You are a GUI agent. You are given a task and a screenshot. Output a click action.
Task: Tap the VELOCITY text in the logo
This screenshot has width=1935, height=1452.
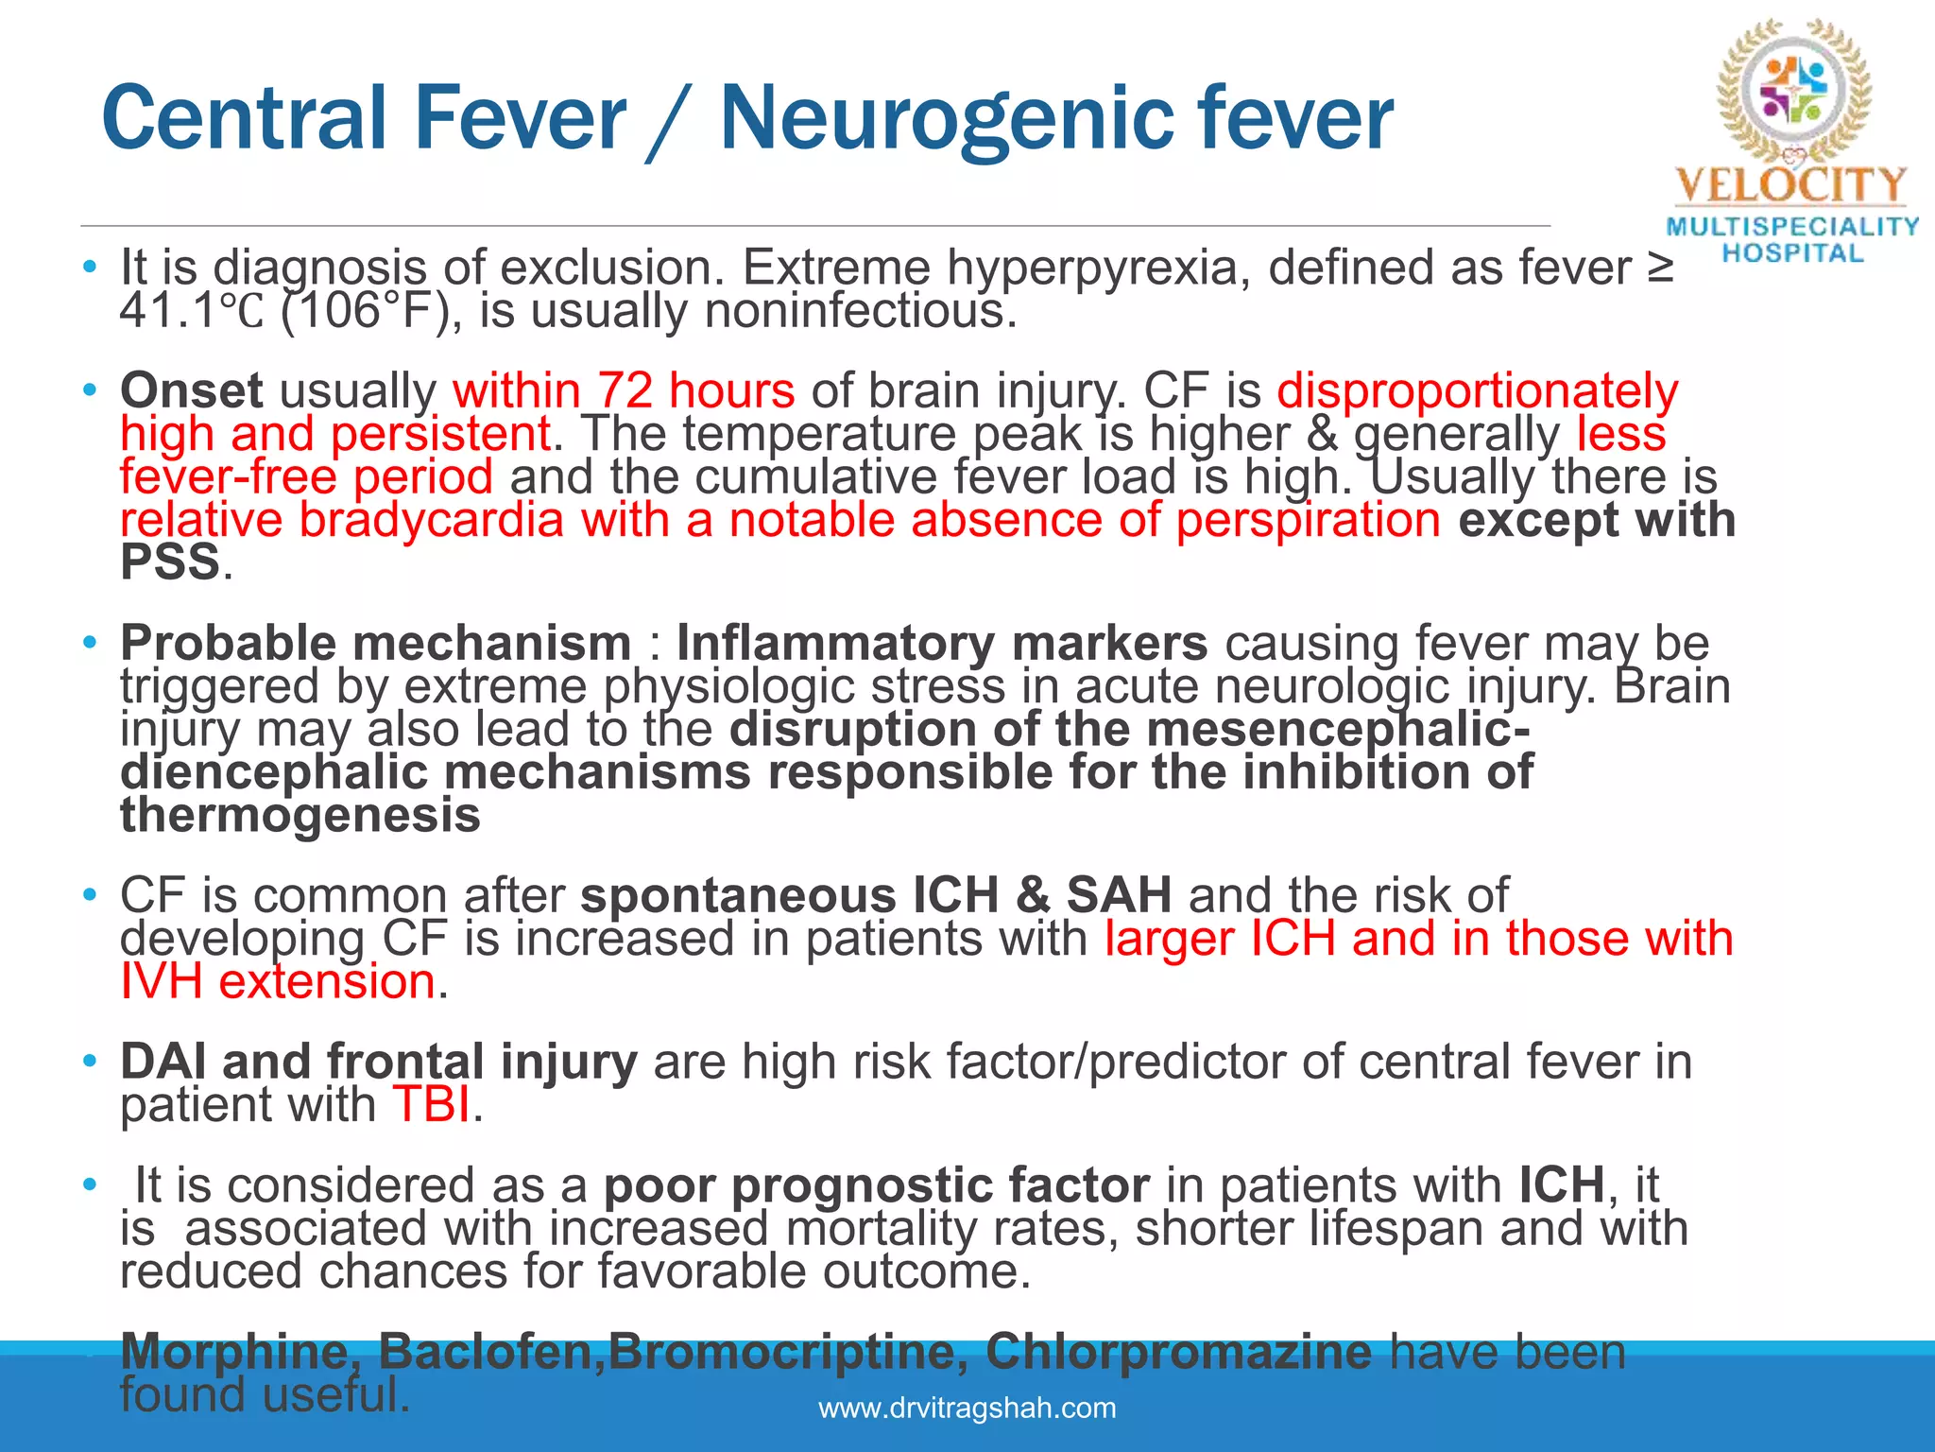1790,186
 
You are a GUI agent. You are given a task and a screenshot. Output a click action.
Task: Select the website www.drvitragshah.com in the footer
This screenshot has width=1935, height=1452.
967,1408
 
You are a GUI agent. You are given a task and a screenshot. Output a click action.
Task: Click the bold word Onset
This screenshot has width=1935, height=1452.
191,390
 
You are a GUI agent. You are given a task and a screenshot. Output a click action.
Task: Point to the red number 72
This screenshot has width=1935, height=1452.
625,390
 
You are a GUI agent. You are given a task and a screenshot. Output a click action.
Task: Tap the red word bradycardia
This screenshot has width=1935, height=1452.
432,520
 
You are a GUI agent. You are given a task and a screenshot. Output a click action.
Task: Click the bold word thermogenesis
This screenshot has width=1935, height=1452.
300,815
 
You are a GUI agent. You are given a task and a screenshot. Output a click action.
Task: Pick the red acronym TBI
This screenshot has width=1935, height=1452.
431,1104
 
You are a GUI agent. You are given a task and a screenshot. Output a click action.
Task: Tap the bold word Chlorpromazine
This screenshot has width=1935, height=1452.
1178,1352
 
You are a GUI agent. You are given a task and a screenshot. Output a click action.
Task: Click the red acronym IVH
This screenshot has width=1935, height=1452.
162,981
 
